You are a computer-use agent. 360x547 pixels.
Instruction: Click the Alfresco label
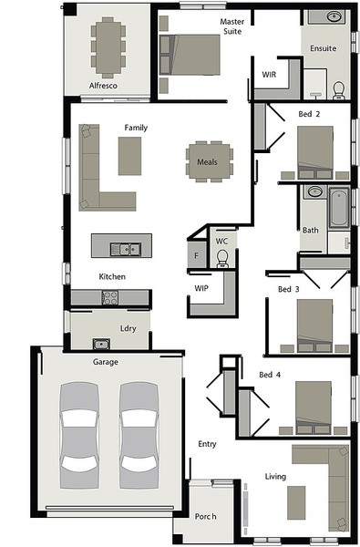pos(103,86)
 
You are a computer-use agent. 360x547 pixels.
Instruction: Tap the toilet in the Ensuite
pos(338,90)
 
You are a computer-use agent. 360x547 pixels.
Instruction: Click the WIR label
pos(269,75)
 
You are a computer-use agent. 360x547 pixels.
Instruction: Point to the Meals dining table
pos(210,161)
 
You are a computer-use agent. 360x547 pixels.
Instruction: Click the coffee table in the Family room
pos(129,156)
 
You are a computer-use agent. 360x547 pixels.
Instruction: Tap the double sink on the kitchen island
pos(126,249)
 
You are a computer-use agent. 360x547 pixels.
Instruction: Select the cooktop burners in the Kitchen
pos(110,297)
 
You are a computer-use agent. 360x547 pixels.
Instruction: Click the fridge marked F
pos(196,255)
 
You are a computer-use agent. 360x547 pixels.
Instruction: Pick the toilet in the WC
pos(222,259)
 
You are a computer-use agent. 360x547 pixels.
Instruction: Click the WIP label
pos(201,288)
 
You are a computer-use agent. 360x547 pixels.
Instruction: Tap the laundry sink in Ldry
pos(101,344)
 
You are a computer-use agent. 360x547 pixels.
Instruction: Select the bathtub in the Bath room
pos(339,207)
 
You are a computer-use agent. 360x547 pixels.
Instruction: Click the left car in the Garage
pos(79,435)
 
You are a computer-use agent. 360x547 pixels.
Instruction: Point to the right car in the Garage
pos(139,435)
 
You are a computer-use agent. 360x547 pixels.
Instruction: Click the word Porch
pos(205,516)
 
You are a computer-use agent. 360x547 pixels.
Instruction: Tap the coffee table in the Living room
pos(296,502)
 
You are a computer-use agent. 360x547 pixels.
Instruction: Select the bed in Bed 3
pos(314,325)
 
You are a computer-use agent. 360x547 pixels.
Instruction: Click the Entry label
pos(207,444)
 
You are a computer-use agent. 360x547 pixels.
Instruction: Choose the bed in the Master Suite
pos(190,55)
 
